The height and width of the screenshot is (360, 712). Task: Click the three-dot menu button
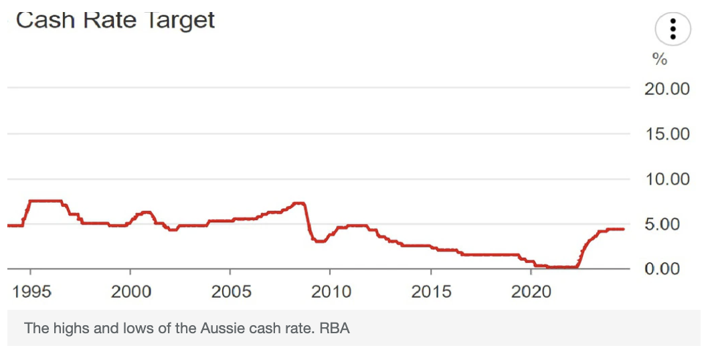coord(674,29)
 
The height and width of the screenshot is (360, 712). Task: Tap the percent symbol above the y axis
coord(660,60)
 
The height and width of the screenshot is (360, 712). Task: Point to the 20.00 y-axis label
coord(666,88)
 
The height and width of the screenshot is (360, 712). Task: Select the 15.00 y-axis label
coord(666,134)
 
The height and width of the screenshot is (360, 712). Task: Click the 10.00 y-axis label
coord(666,179)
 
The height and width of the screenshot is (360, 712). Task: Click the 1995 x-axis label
coord(31,292)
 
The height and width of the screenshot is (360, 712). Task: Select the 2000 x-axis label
coord(130,292)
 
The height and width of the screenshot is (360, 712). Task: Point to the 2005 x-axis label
coord(231,292)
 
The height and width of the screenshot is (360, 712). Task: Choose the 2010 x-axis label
coord(331,292)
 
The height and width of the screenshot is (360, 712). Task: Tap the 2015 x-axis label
coord(432,292)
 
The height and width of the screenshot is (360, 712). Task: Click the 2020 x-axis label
coord(531,292)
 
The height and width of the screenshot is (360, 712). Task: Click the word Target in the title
coord(179,19)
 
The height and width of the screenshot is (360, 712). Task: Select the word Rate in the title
coord(108,19)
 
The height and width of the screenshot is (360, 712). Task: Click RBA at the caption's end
coord(335,329)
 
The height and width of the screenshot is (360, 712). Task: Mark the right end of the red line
coord(624,229)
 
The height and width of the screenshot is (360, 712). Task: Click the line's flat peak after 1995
coord(46,201)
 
